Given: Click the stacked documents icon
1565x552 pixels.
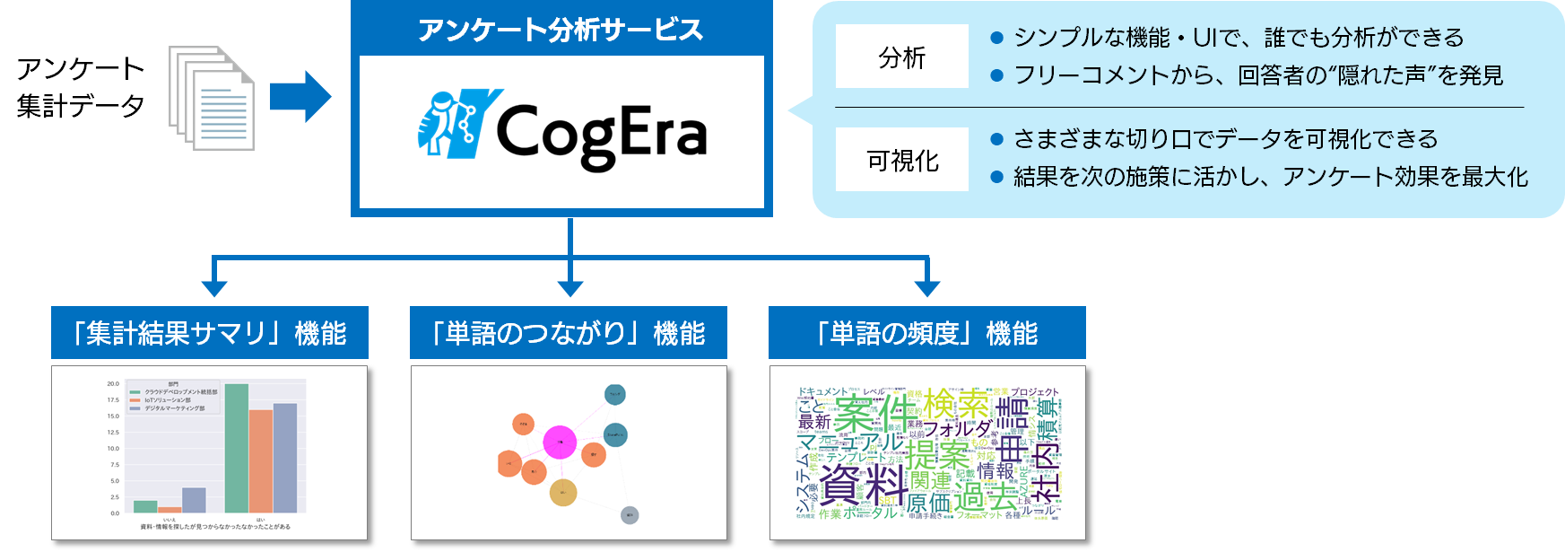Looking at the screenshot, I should point(212,98).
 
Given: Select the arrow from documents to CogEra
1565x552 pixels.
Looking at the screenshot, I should point(301,96).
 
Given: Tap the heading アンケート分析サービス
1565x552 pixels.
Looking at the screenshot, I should point(561,30).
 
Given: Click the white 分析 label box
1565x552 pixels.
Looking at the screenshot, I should point(901,57).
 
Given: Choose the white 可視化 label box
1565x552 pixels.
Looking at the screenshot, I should point(901,160).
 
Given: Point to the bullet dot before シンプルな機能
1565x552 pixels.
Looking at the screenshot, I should point(996,38).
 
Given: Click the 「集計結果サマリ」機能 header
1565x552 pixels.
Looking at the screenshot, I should point(210,333).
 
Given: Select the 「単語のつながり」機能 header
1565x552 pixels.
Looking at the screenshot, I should point(569,333).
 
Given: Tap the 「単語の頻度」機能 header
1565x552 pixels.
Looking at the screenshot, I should point(927,333).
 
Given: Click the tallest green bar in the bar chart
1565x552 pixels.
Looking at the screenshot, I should point(237,449).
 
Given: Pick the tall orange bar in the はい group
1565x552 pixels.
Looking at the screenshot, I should point(261,460).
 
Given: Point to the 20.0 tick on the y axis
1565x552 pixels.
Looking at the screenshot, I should point(113,384).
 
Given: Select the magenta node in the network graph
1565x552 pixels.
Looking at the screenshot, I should point(560,442).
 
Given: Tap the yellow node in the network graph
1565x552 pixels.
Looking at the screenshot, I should point(562,492).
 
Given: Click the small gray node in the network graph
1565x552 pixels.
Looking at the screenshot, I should point(630,515).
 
